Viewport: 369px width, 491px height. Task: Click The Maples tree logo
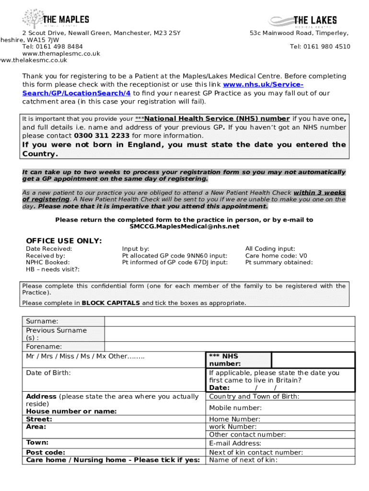click(32, 19)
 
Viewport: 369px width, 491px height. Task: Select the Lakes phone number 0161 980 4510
click(327, 47)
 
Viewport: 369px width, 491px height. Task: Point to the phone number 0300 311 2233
click(102, 136)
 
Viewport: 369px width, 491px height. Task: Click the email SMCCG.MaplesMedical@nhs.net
click(184, 226)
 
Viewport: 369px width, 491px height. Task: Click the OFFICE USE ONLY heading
click(64, 241)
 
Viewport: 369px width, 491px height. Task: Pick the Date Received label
click(49, 249)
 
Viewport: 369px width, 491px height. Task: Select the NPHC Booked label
click(47, 262)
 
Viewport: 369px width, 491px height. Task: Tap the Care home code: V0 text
click(276, 256)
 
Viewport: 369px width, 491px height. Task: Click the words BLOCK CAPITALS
click(111, 303)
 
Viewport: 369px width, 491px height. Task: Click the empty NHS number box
click(312, 360)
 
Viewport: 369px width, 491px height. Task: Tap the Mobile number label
click(235, 408)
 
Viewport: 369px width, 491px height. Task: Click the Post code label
click(46, 452)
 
